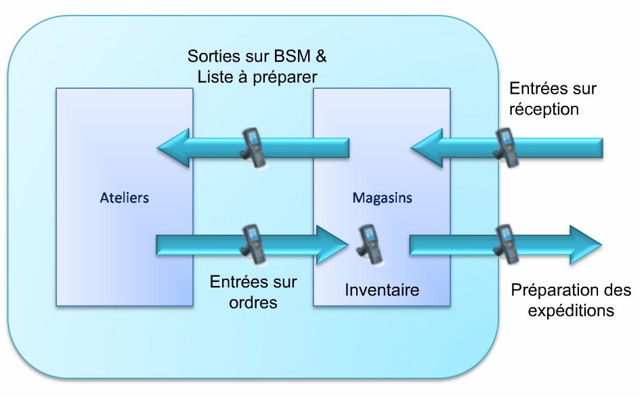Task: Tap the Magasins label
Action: pos(383,199)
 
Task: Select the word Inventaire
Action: pos(382,290)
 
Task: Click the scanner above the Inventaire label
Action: pos(370,242)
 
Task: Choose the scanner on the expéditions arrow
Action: pos(505,242)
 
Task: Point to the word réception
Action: pos(545,108)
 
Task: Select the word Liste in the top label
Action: pos(215,77)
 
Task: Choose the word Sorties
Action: pos(212,55)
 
